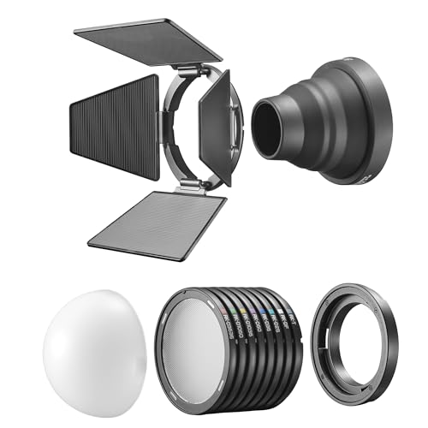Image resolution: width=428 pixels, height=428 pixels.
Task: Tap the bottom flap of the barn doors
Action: pos(158,222)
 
